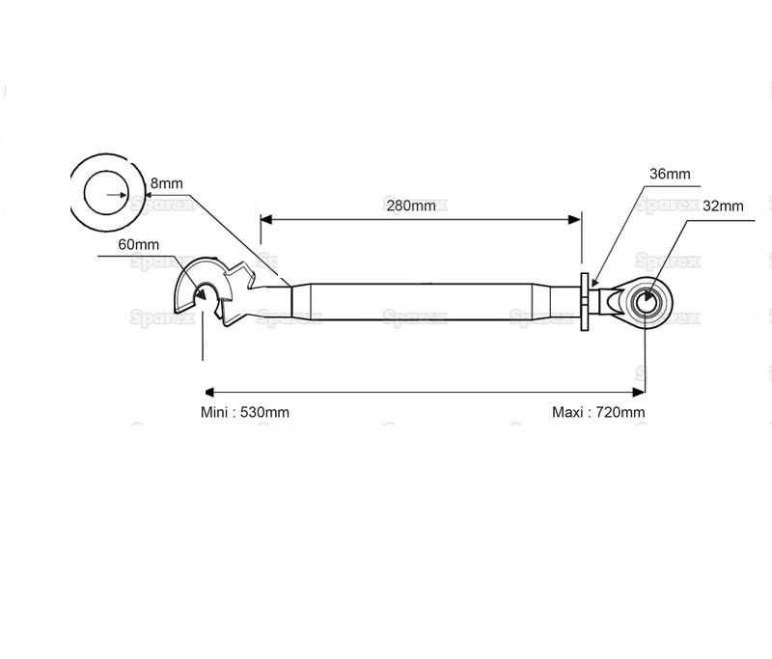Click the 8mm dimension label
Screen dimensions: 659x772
click(x=166, y=183)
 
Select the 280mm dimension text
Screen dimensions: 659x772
click(x=410, y=205)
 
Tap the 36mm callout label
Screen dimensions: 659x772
click(x=670, y=175)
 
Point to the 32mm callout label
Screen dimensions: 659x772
click(x=723, y=206)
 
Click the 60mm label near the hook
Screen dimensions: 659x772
click(x=140, y=245)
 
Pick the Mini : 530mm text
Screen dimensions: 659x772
click(x=245, y=412)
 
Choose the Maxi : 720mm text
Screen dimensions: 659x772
click(x=598, y=412)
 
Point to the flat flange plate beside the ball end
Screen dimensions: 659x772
click(x=585, y=302)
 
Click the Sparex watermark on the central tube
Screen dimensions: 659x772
click(x=415, y=316)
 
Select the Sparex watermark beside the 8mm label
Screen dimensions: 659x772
click(x=164, y=204)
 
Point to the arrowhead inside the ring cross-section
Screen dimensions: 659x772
click(x=124, y=195)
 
